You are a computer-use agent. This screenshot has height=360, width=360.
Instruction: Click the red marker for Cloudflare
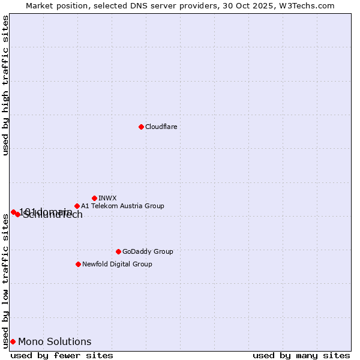(x=141, y=127)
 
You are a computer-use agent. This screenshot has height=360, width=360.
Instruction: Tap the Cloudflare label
(x=161, y=127)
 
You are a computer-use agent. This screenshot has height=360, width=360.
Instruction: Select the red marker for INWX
(x=94, y=198)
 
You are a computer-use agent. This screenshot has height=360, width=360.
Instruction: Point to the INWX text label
(x=107, y=198)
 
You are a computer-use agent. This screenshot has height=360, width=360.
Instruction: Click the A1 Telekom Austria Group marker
(x=77, y=206)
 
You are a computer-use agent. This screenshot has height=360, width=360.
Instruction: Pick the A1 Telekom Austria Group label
(x=122, y=206)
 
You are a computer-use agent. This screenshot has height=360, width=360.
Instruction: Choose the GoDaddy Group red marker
(x=118, y=251)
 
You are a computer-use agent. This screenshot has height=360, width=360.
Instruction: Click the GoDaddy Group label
(x=147, y=251)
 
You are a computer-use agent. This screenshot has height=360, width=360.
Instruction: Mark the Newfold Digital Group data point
(x=78, y=264)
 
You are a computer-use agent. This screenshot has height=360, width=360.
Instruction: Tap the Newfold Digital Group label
(x=117, y=264)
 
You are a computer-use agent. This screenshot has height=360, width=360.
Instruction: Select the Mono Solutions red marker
(x=13, y=341)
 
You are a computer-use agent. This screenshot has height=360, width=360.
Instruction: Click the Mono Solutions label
(x=55, y=341)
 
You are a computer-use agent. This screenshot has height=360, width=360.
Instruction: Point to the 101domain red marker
(x=13, y=212)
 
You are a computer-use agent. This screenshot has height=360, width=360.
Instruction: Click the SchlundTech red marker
(x=17, y=214)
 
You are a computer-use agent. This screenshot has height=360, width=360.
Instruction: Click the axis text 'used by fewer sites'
(x=62, y=355)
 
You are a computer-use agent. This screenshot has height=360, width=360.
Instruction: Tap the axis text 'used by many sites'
(x=301, y=355)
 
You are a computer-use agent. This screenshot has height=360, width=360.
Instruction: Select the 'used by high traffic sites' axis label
(x=5, y=85)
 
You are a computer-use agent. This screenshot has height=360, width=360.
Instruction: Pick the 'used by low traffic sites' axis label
(x=5, y=281)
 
